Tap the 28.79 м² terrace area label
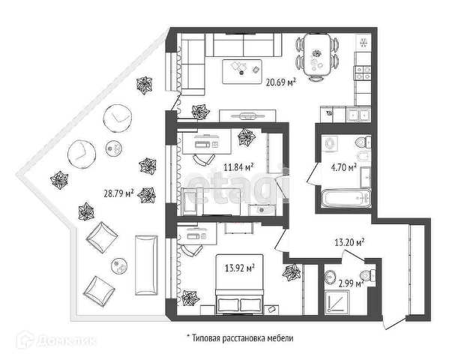(119, 193)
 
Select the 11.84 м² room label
(238, 166)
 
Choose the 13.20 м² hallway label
(349, 241)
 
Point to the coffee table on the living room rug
(241, 70)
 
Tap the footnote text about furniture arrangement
(240, 338)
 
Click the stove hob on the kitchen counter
(363, 73)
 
